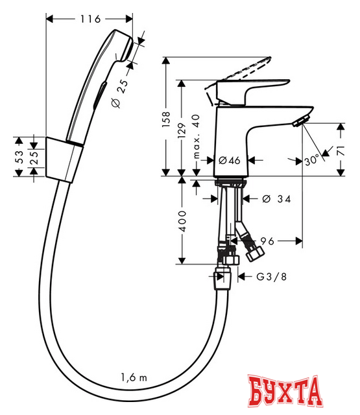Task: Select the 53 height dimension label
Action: pyautogui.click(x=19, y=156)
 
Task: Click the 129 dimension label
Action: pyautogui.click(x=184, y=130)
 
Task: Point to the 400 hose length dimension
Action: pyautogui.click(x=184, y=222)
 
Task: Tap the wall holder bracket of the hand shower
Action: pyautogui.click(x=65, y=157)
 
